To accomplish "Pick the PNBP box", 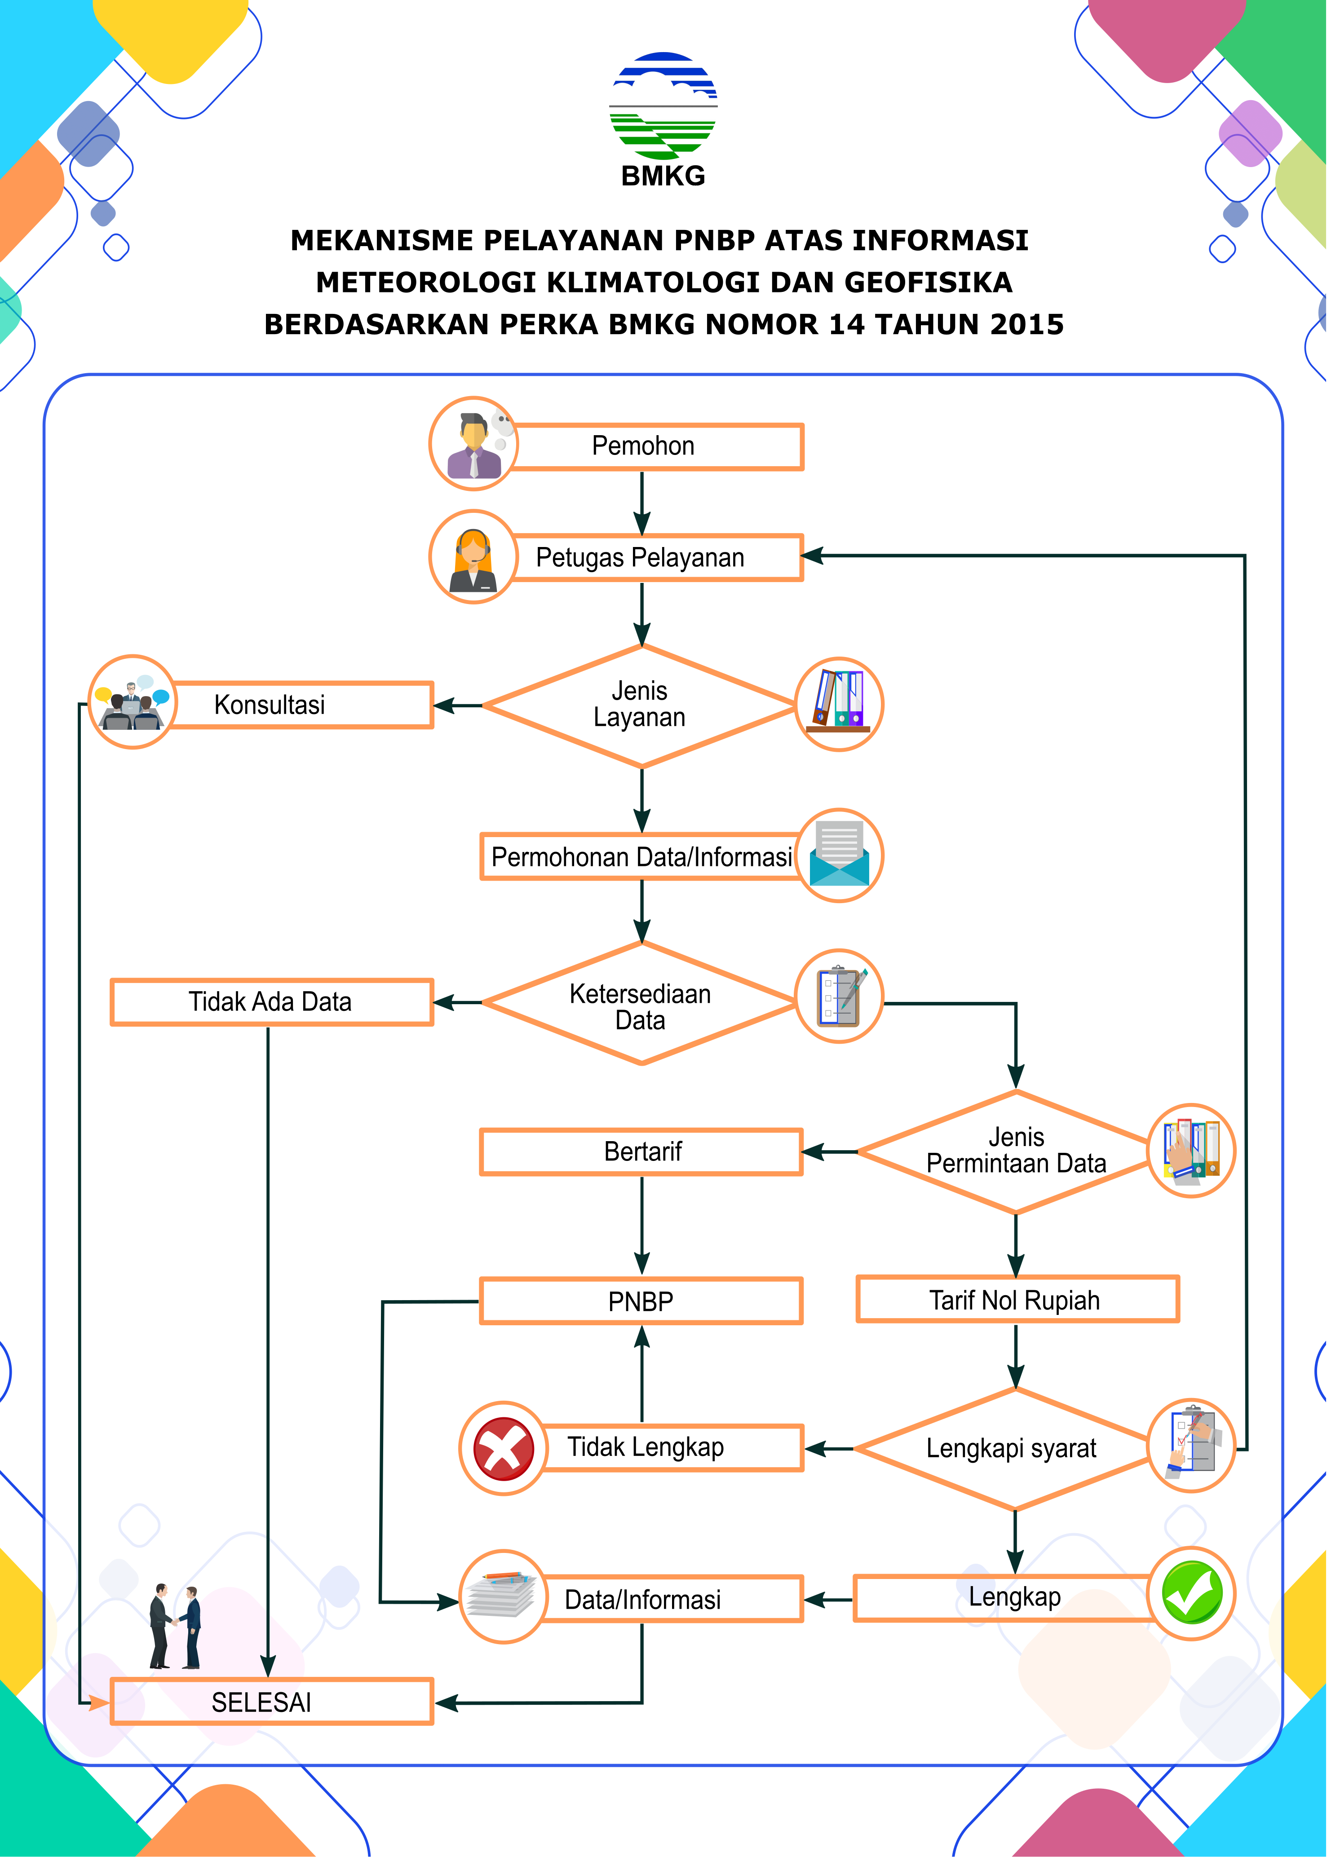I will pos(641,1301).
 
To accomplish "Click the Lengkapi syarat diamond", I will pos(1012,1448).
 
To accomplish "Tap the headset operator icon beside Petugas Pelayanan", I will pos(473,557).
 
